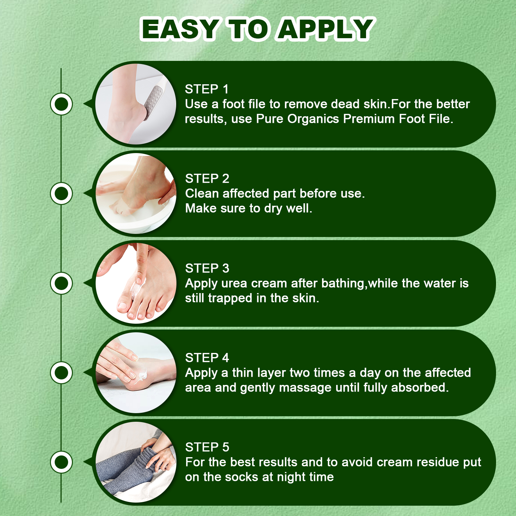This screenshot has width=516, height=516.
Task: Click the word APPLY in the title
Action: click(325, 29)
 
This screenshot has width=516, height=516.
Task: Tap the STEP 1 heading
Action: click(207, 89)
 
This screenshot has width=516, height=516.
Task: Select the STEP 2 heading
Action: click(207, 179)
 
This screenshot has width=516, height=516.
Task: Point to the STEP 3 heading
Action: click(207, 268)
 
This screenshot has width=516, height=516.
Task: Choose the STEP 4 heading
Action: click(207, 358)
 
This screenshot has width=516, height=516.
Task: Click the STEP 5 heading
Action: click(207, 447)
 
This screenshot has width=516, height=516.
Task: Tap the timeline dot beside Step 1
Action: click(62, 104)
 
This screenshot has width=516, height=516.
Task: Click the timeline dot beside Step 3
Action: click(62, 283)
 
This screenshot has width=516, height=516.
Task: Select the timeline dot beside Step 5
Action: click(62, 462)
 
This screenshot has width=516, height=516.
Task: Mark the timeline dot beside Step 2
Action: click(62, 193)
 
